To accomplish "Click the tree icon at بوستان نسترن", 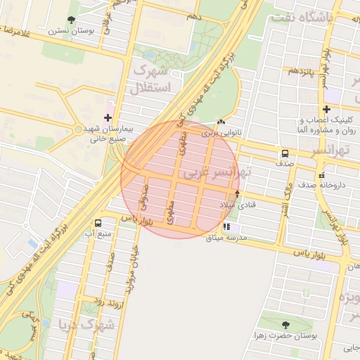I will pos(72,20).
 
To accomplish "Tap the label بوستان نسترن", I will pos(68,32).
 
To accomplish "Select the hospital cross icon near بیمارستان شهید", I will pos(108,117).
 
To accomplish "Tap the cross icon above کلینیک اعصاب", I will pos(326,109).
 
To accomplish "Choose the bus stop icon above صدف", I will pos(285,153).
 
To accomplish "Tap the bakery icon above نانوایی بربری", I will pos(222,122).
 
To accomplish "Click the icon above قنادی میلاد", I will pos(237,193).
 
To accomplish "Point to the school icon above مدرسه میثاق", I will pos(226,226).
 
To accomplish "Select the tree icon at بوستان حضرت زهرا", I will pos(285,324).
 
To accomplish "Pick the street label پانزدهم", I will pos(295,72).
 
